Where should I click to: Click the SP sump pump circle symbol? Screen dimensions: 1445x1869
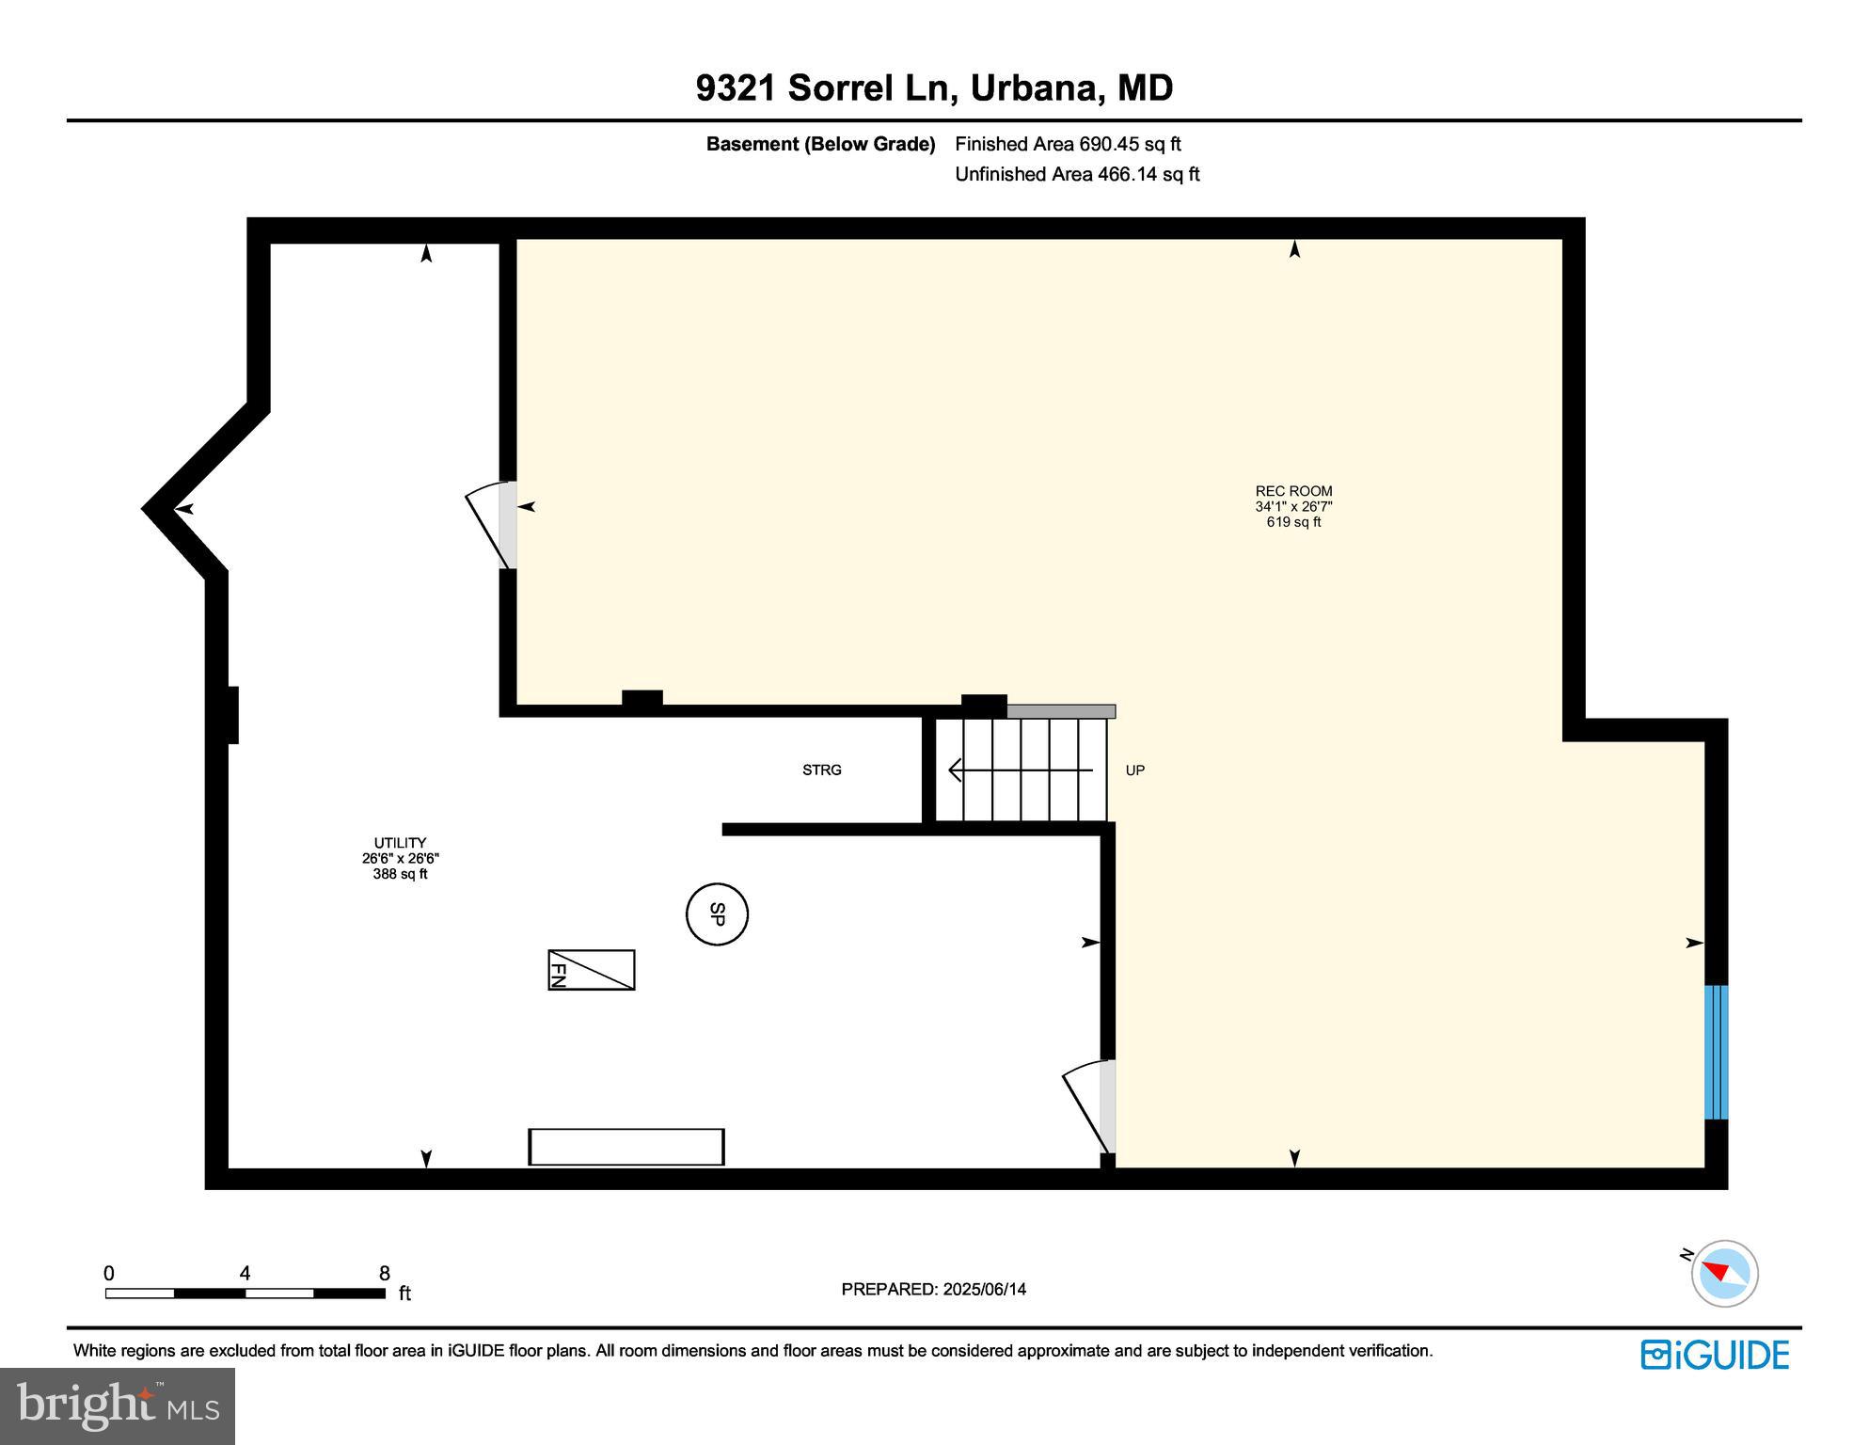(717, 914)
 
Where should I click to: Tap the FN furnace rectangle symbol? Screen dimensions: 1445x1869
(592, 970)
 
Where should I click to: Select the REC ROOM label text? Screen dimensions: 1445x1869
(1293, 491)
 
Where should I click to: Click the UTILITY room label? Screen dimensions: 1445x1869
(400, 843)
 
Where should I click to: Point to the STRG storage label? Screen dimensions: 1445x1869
(821, 770)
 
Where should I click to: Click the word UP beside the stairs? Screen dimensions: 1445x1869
(1134, 770)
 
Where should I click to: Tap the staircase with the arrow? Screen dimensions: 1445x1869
(1025, 770)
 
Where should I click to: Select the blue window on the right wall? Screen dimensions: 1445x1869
(1716, 1052)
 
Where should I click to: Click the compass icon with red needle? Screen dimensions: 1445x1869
(1724, 1274)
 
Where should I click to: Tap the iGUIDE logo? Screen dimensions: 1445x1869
(1715, 1355)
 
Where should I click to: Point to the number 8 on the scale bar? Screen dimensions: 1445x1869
(385, 1274)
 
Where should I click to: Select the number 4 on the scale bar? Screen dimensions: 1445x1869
(245, 1274)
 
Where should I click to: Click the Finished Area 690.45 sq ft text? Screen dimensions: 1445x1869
(1068, 144)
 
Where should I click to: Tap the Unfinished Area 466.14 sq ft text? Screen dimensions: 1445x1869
(1077, 174)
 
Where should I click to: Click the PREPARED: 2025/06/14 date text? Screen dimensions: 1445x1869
(933, 1290)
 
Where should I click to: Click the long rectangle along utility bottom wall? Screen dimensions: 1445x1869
(626, 1147)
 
